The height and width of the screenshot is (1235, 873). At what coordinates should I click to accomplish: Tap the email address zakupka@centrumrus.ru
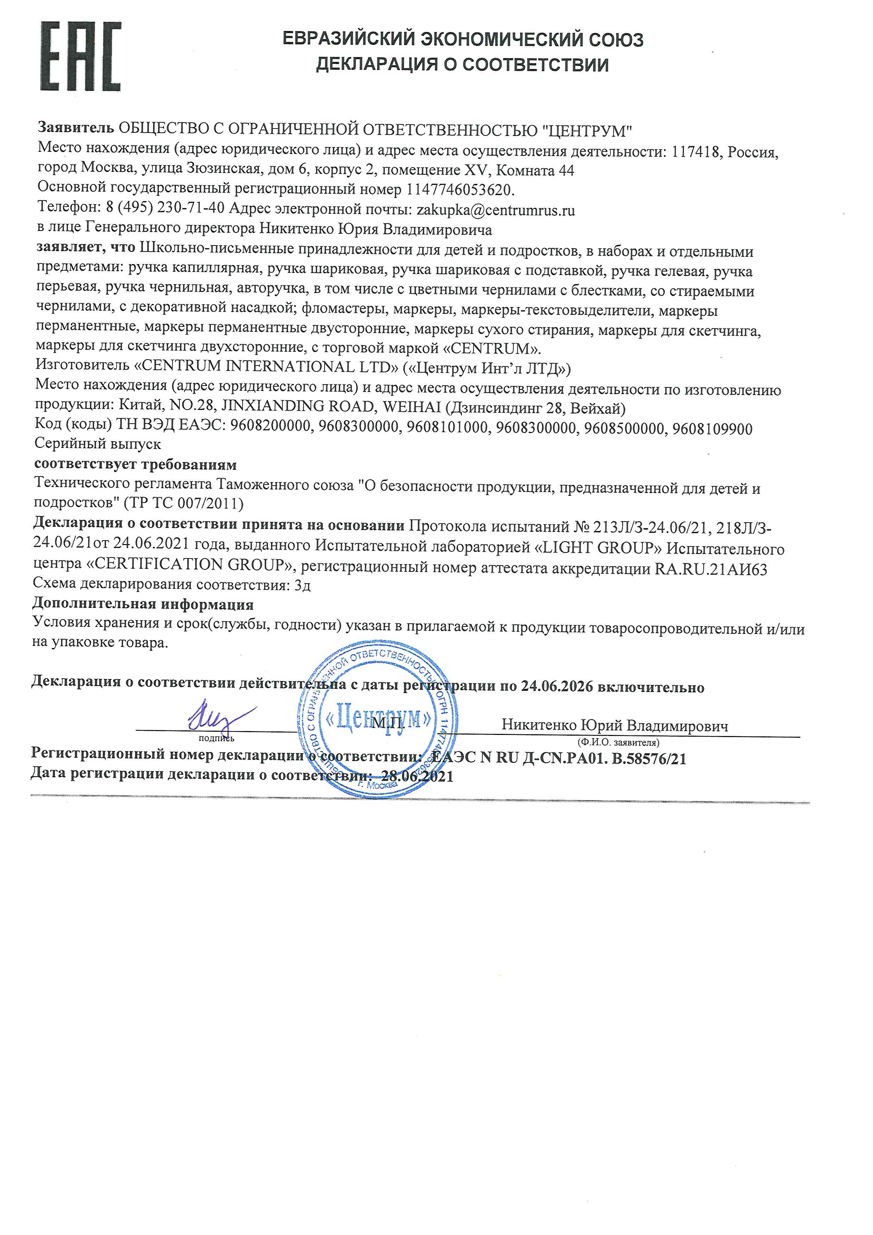pyautogui.click(x=496, y=210)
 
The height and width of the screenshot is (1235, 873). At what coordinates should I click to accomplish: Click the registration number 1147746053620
pyautogui.click(x=460, y=190)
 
